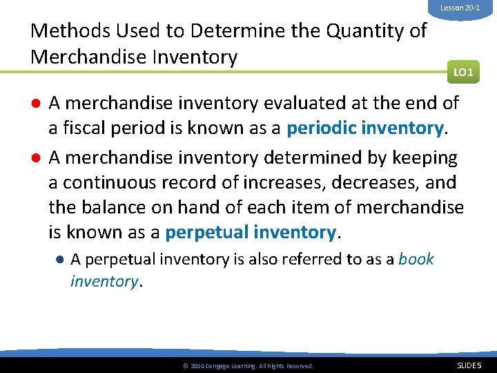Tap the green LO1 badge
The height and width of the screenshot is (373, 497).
click(x=463, y=71)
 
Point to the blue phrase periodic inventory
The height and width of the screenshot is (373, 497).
click(x=364, y=128)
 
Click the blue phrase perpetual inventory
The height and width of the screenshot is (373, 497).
click(x=251, y=232)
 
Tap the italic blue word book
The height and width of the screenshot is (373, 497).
click(x=416, y=259)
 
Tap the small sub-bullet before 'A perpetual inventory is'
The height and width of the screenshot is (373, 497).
click(x=61, y=259)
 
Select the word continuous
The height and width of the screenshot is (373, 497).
click(x=113, y=182)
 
